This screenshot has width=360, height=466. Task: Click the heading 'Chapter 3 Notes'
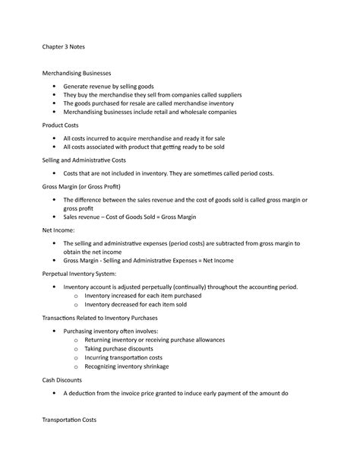pos(64,46)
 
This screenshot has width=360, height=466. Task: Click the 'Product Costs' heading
pos(65,125)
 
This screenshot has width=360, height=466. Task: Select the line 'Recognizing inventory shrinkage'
pos(127,366)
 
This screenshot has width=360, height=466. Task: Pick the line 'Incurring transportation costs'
pos(124,357)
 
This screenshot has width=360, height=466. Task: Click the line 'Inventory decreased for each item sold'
pos(134,304)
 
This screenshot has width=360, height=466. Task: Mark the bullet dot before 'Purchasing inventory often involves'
pos(55,332)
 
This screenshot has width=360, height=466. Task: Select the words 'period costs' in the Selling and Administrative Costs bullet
pos(254,173)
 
